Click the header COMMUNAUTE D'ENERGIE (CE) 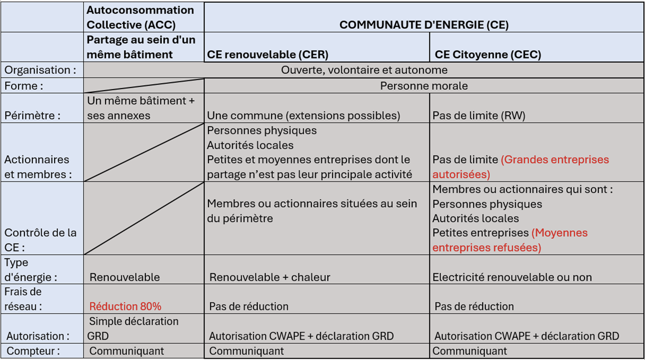pos(424,25)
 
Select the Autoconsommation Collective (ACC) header pos(140,17)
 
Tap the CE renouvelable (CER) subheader pos(268,54)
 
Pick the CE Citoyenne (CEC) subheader pos(488,54)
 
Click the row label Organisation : pos(40,70)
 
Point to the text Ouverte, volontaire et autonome pos(364,70)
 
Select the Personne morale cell pos(424,86)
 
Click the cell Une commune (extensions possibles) pos(303,115)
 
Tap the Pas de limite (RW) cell pos(479,115)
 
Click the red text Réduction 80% pos(125,306)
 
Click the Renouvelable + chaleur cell pos(270,277)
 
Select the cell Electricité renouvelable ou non pos(512,277)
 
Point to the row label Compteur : pos(33,351)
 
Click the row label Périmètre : pos(32,115)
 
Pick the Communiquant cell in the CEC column pos(469,351)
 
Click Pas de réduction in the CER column pos(248,306)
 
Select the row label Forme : pos(24,86)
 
